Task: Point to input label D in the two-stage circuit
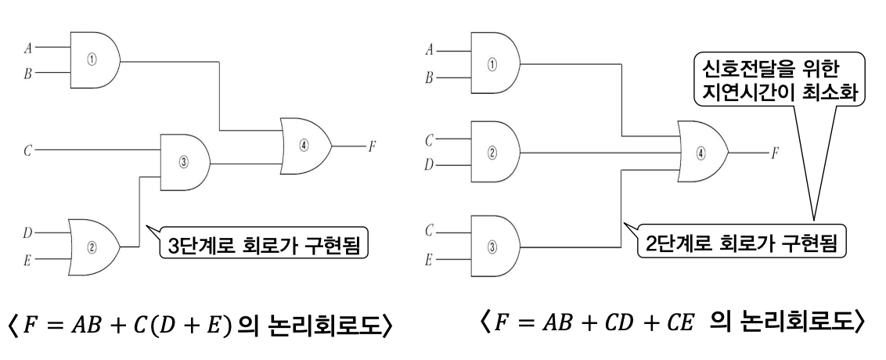(428, 165)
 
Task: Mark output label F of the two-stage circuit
(774, 153)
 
